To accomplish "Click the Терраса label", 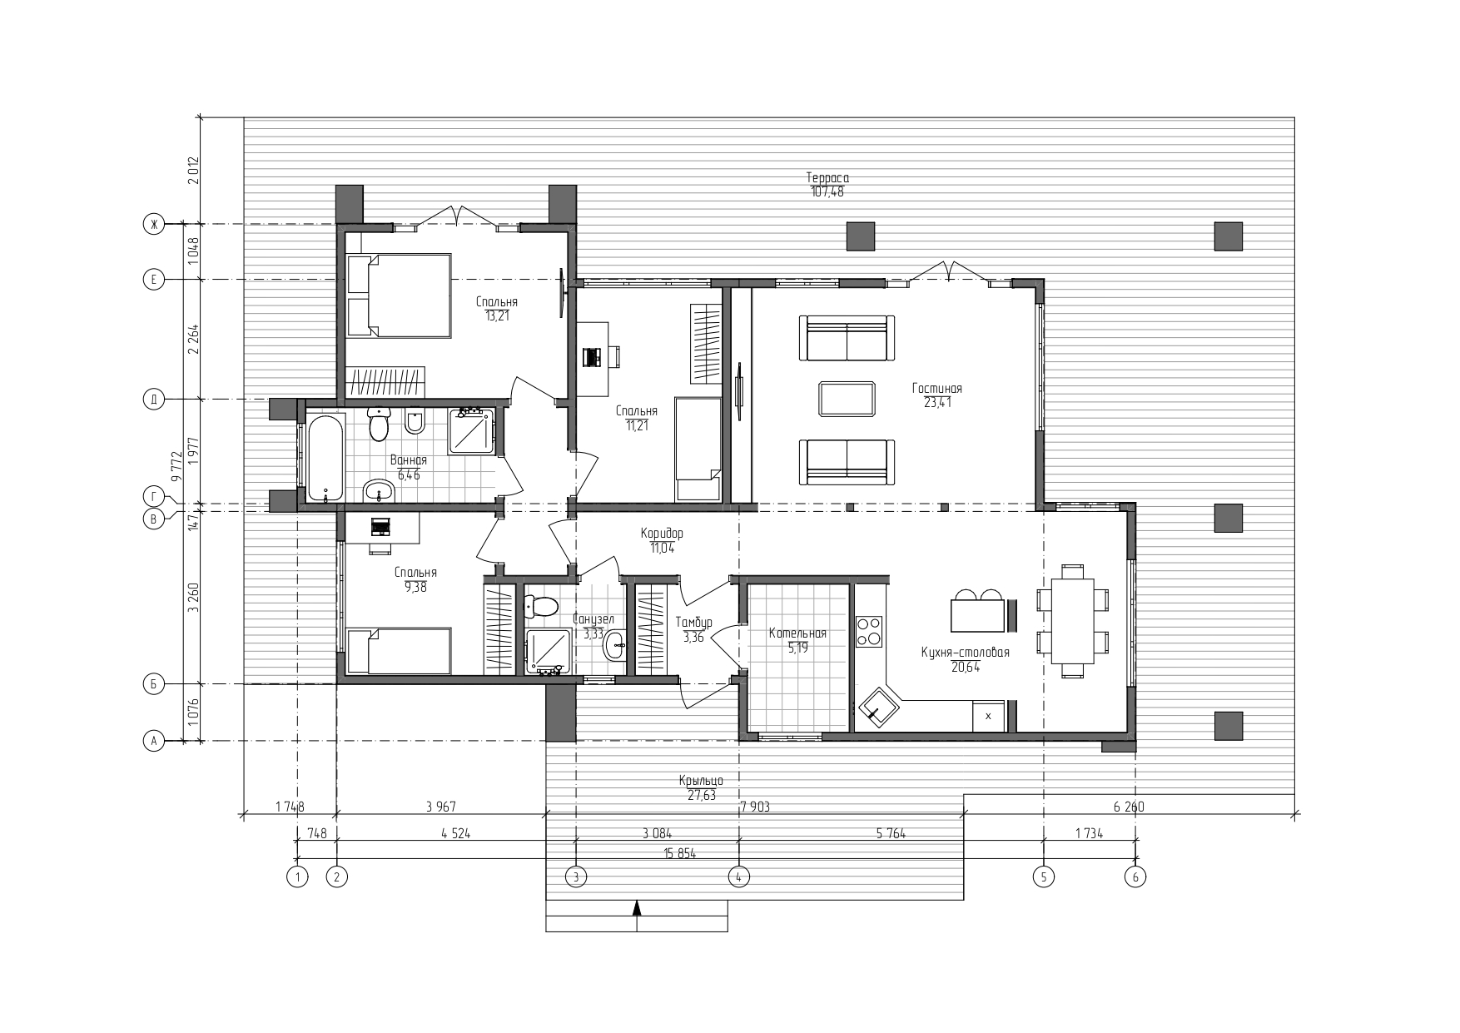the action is pos(827,177).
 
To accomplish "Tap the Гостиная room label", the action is pos(936,388).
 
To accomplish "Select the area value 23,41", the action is pos(937,402).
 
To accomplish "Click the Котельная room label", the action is pos(797,633).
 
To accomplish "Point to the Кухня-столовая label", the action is pos(965,652).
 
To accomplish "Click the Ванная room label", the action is pos(409,460).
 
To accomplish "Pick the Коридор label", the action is pos(662,533).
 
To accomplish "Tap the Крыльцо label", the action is pos(701,781).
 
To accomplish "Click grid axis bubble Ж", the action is pos(153,224).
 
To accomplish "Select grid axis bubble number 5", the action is pos(1044,876).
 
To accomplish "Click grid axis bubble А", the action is pos(153,741).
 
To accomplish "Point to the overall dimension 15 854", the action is pos(679,854).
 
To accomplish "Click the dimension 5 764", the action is pos(891,833).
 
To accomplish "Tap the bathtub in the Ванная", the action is pos(325,459).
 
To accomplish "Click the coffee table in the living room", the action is pos(847,398).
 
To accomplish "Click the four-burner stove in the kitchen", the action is pos(869,631).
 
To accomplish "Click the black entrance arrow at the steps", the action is pos(637,908).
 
